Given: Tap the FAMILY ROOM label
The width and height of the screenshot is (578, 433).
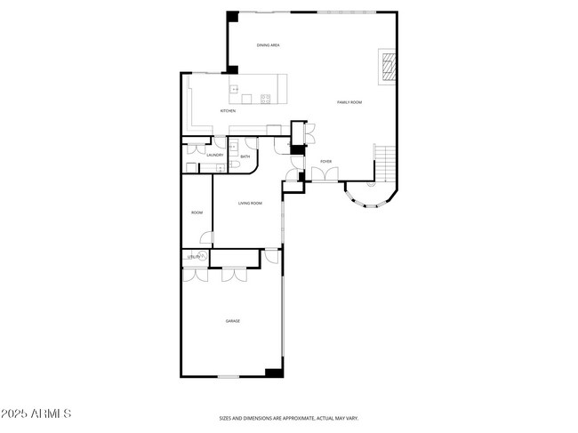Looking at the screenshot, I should point(349,102).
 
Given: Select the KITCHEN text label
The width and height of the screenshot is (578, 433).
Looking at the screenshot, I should point(228,110).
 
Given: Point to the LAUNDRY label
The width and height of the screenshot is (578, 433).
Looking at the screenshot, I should point(214,155).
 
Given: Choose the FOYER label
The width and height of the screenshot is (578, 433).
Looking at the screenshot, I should point(326,161).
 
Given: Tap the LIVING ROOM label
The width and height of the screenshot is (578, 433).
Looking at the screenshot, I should point(250,204).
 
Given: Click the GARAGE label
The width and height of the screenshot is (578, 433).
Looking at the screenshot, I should point(232,321).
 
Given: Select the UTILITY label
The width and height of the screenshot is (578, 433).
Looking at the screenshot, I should point(193,257).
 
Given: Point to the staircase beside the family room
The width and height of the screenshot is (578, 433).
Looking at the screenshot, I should point(385,162).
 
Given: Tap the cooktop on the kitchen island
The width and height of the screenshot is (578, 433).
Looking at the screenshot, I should point(265,98).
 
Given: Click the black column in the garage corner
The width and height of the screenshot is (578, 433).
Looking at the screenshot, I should point(274,372).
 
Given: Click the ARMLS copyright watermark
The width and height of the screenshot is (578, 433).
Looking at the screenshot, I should point(36,414).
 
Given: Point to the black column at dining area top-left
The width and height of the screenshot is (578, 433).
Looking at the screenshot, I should point(233,16).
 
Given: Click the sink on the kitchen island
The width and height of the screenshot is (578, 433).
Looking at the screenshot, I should point(234,89).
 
